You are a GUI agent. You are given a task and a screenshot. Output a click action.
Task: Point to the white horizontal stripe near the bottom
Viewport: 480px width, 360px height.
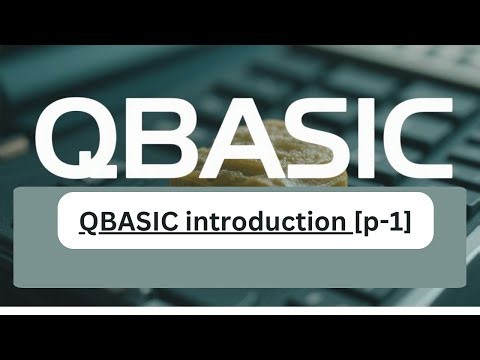[x=240, y=311]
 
